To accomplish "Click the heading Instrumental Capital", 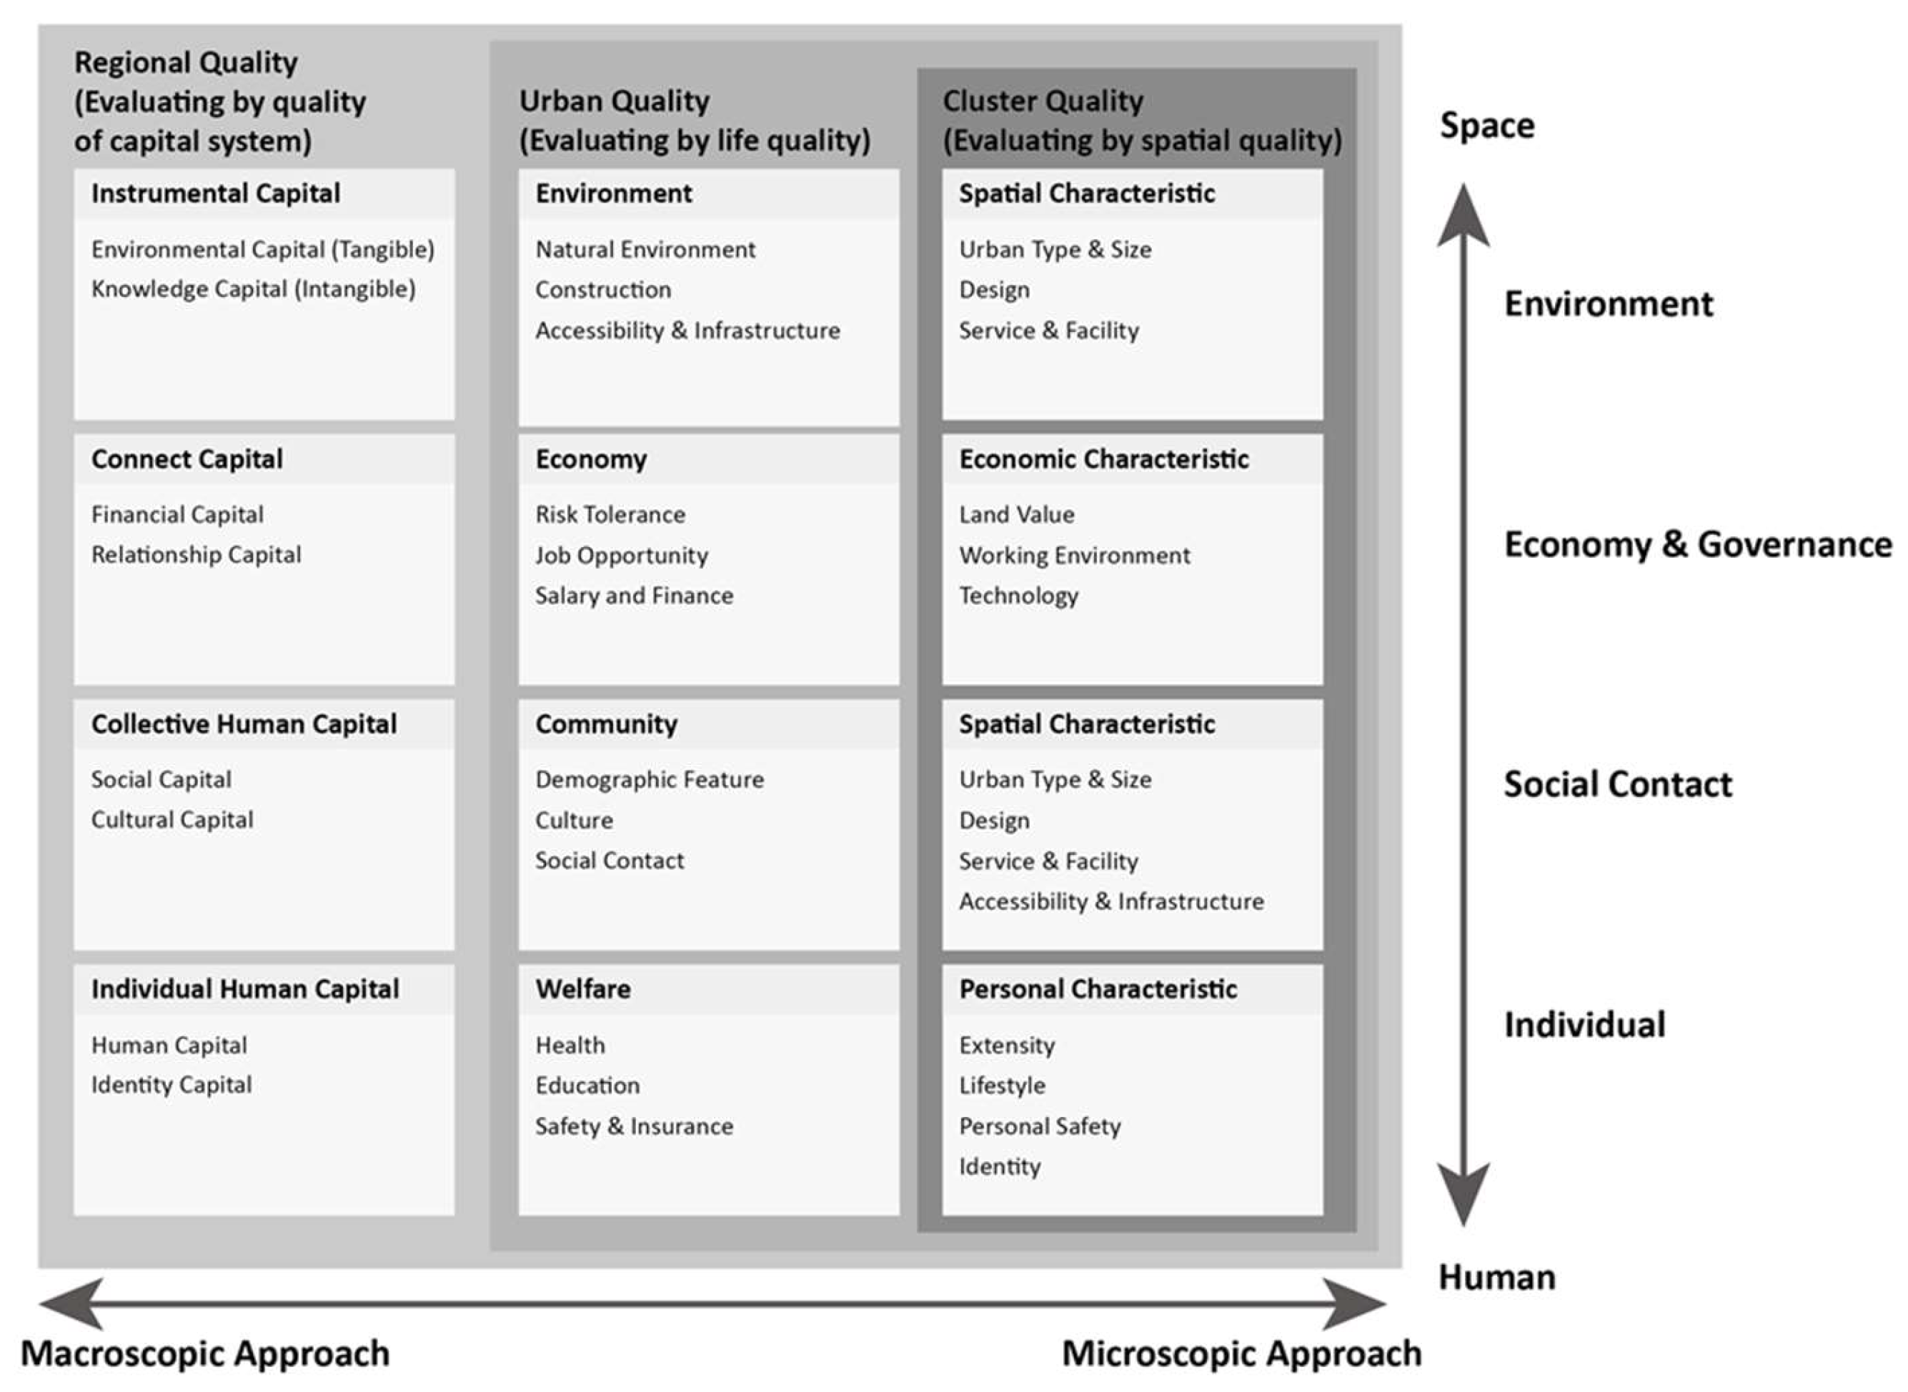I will click(215, 194).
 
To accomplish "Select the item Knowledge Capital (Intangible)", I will click(253, 289).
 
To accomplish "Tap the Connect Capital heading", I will click(187, 459).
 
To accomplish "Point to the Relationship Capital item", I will click(196, 554).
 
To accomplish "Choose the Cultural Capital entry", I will click(172, 820).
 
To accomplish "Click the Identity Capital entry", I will click(172, 1084).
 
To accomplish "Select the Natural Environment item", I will click(645, 249).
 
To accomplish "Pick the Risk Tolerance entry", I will click(610, 515).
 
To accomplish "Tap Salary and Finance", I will click(634, 596).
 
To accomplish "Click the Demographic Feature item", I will click(649, 779).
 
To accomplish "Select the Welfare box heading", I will click(582, 988).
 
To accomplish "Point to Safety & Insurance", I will click(634, 1126).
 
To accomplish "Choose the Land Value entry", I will click(1016, 515).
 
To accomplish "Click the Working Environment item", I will click(1074, 555).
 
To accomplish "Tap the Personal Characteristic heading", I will click(1098, 988).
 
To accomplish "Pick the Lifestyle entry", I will click(1002, 1086).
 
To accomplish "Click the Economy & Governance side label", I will click(1697, 544).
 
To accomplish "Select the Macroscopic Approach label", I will click(205, 1354).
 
